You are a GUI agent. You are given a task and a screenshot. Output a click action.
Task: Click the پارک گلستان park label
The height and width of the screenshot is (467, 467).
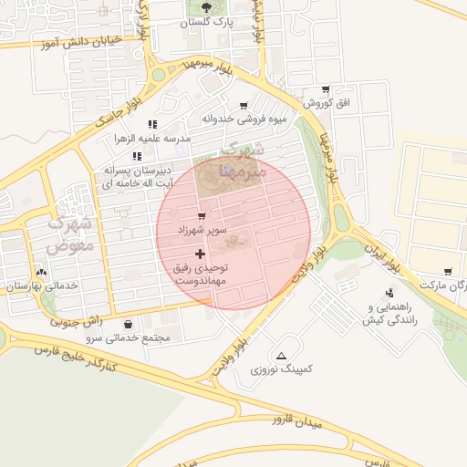tap(205, 21)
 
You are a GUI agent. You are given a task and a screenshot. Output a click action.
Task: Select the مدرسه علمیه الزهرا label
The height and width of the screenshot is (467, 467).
tap(150, 138)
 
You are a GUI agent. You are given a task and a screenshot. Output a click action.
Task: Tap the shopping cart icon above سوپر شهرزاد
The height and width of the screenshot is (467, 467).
tap(202, 216)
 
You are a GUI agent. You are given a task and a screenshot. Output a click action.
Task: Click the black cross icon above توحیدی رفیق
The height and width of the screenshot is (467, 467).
tap(200, 253)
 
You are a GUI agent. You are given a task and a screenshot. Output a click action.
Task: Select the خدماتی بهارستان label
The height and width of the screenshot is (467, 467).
tap(43, 286)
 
